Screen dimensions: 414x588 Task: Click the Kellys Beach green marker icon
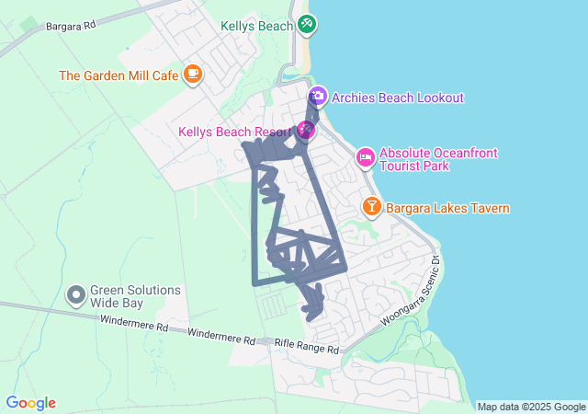coord(307,25)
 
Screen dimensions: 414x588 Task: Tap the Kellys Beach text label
coord(256,26)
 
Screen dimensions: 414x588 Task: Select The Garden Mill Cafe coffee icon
coord(192,75)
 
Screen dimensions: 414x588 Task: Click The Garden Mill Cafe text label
coord(119,75)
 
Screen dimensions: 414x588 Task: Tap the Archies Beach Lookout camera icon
coord(318,96)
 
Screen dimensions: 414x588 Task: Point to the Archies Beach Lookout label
coord(398,98)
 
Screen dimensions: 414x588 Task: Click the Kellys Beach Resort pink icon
coord(305,131)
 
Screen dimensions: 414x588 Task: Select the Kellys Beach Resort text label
coord(233,132)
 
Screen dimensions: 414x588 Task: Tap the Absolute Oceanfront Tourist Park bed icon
coord(365,158)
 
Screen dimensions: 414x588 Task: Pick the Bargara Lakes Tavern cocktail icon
coord(372,207)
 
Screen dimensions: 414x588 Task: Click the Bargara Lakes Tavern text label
coord(447,209)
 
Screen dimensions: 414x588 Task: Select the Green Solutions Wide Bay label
coord(134,295)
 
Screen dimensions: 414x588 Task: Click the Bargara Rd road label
coord(70,25)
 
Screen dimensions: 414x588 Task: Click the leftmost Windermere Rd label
coord(135,326)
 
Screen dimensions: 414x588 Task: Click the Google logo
coord(30,403)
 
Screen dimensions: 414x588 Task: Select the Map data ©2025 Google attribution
coord(531,407)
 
